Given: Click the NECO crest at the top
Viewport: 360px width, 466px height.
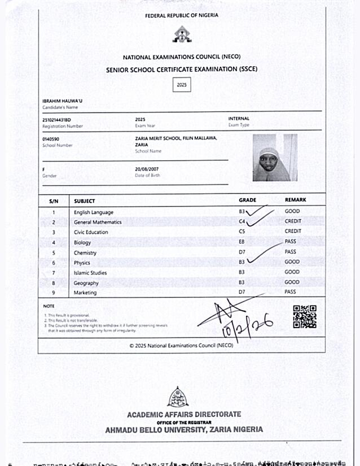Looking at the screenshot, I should coord(181,35).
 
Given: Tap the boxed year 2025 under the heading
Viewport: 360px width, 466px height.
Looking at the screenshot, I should coord(181,85).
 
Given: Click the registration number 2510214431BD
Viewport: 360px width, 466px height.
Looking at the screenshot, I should coord(56,120).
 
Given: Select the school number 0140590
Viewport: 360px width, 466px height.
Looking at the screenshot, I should coord(51,139).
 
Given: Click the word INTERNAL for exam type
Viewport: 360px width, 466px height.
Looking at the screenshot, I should coord(239,119).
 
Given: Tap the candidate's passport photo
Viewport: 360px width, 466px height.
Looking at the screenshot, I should coord(275,158).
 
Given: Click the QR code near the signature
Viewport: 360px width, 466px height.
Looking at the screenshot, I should coord(304,316).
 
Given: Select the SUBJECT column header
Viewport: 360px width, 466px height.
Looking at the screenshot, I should coord(85,201).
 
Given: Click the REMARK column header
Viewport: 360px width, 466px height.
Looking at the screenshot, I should coord(296,200).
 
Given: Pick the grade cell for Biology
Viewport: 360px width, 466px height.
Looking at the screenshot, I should coord(242,242).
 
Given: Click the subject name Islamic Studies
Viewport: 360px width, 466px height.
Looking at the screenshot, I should coord(90,273).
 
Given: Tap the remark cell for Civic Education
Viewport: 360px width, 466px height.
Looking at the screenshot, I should coord(293,231).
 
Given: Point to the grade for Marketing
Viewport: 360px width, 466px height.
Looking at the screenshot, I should coord(242,292).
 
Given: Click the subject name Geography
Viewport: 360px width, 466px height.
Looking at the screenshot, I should coord(86,283).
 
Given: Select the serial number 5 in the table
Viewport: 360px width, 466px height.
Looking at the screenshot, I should coord(54,253).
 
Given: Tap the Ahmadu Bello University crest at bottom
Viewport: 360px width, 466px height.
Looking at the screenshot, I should coord(178,397).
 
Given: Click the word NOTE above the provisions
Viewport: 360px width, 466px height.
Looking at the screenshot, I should coord(49,306).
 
